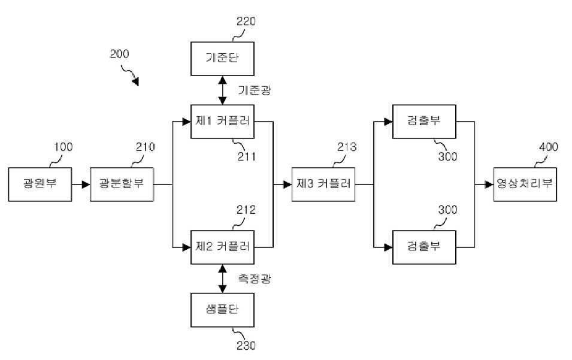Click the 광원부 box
point(40,184)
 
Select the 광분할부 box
point(122,184)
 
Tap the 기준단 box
point(223,59)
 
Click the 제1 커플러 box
point(223,122)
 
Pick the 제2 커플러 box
point(223,247)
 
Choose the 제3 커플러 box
point(323,184)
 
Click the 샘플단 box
point(223,310)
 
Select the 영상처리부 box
point(525,184)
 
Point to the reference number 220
point(246,21)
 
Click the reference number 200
point(119,54)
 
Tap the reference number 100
point(63,147)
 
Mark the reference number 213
point(347,147)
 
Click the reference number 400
point(549,147)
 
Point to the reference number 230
point(246,346)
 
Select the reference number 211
point(247,156)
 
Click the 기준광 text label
point(255,90)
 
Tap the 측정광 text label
point(255,279)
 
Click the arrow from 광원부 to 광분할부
point(81,184)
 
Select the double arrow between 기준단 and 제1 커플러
point(223,90)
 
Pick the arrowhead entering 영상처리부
point(489,184)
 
